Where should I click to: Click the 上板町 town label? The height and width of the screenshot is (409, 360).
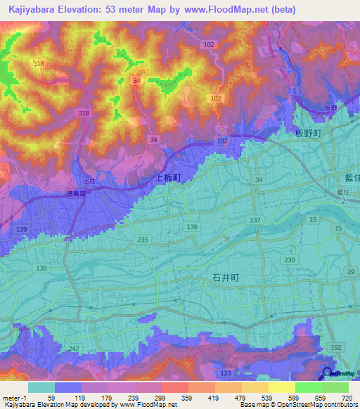(168, 178)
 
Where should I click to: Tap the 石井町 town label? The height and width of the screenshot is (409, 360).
(226, 278)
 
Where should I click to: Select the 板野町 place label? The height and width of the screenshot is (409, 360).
(307, 132)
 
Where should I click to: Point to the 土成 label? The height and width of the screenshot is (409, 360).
(86, 180)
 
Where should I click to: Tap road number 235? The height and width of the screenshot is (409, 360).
(143, 240)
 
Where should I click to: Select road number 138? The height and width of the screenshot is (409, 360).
(41, 268)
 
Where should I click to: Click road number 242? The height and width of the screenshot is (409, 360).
(74, 349)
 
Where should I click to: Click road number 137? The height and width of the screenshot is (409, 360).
(255, 220)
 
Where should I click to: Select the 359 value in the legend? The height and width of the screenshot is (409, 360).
(188, 398)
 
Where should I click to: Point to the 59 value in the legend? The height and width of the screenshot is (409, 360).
(51, 398)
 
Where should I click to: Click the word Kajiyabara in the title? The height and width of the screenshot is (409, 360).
(30, 10)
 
